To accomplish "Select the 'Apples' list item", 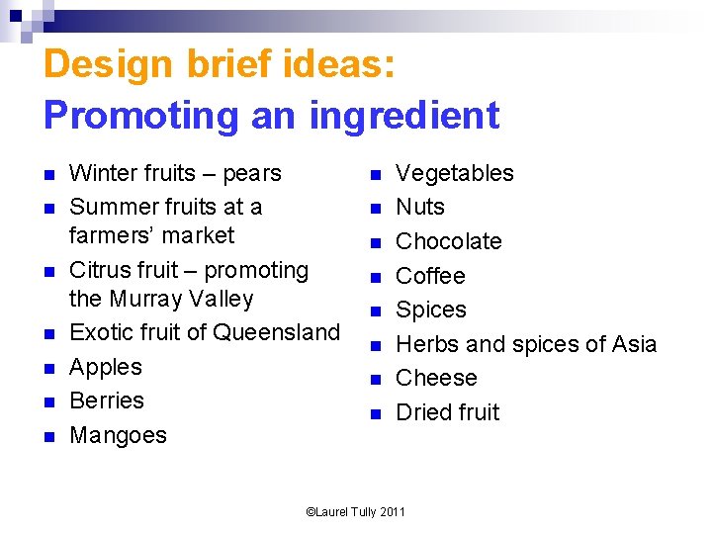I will (106, 367).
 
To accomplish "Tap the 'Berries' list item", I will (107, 400).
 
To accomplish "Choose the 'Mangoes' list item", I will (118, 435).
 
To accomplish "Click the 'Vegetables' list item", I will (454, 174).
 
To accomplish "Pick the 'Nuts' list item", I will (420, 208).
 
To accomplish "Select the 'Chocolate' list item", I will (449, 241).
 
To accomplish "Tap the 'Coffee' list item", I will (430, 276).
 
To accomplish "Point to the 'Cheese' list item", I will (436, 378).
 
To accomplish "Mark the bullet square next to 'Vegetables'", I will (376, 175).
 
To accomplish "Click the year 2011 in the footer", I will (393, 511).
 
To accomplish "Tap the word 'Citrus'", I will (100, 270).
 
